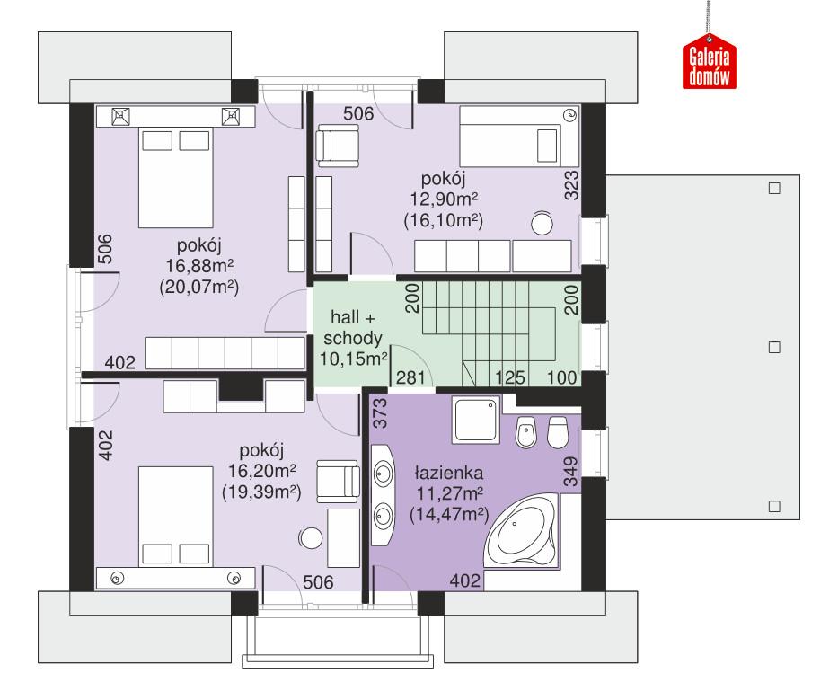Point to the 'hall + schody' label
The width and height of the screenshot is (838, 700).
point(351,329)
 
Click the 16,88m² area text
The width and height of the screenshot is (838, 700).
point(198,266)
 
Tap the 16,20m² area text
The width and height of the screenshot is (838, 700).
point(260,471)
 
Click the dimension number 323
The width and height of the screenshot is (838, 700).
point(570,184)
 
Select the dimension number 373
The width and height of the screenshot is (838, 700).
point(379,414)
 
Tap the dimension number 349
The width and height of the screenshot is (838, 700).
point(570,471)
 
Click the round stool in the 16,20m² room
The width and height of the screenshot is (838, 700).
point(311,538)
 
